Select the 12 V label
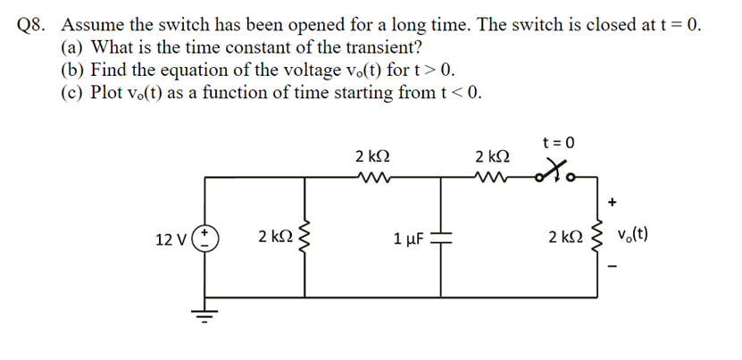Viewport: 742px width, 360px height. pyautogui.click(x=171, y=239)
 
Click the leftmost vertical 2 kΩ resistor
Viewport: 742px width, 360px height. pyautogui.click(x=309, y=238)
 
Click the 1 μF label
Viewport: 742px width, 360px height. pyautogui.click(x=407, y=239)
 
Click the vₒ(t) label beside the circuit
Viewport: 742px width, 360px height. pyautogui.click(x=642, y=237)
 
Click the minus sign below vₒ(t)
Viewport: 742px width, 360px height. pyautogui.click(x=613, y=266)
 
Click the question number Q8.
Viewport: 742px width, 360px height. pyautogui.click(x=33, y=25)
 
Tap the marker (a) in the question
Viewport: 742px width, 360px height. pyautogui.click(x=73, y=47)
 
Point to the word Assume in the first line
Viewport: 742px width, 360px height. pyautogui.click(x=93, y=25)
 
